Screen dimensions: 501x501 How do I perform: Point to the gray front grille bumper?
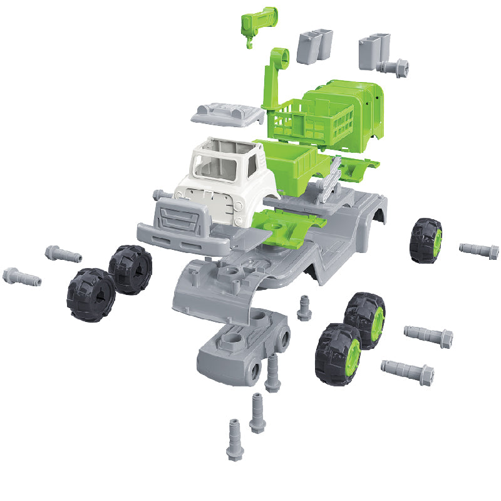(x=182, y=220)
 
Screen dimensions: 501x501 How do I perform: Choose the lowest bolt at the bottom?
(x=233, y=438)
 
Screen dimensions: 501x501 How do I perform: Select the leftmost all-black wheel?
(x=91, y=294)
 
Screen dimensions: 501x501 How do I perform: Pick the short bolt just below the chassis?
(x=304, y=307)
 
